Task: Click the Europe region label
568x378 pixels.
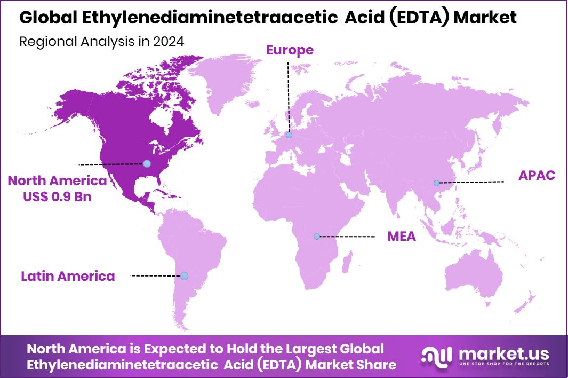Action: (290, 50)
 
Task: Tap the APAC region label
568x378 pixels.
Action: (537, 175)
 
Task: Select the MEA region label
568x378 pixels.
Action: (401, 237)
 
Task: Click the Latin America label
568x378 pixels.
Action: (68, 276)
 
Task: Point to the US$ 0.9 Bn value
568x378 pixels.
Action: (57, 196)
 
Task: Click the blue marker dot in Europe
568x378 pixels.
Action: (289, 136)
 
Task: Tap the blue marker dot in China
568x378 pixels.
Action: (437, 183)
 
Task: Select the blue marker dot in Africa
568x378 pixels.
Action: (317, 236)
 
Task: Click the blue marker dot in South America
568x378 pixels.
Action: (184, 276)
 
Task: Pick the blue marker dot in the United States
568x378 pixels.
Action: (147, 163)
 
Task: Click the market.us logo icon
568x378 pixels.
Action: (436, 356)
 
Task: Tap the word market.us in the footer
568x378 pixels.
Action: (503, 353)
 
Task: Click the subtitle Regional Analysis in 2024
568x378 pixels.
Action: (102, 42)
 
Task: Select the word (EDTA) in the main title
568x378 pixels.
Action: (413, 17)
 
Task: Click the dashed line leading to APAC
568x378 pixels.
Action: (472, 183)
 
